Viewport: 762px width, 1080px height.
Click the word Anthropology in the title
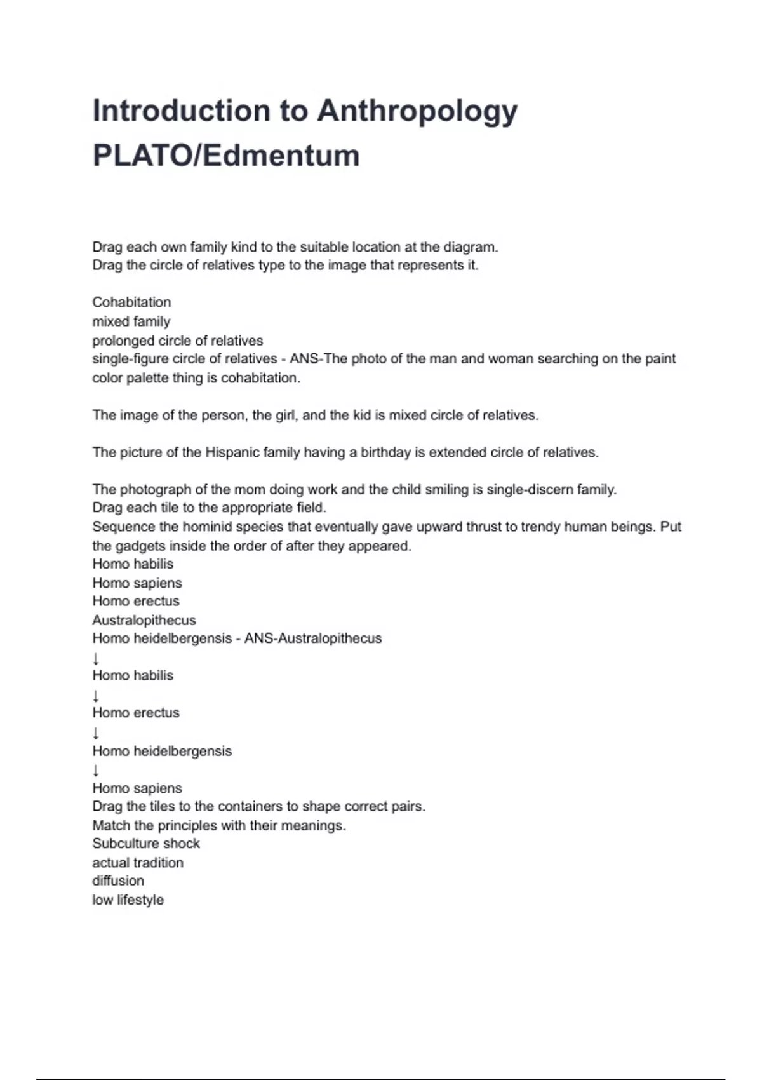coord(417,112)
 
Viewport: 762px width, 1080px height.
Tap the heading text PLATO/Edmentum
coord(226,156)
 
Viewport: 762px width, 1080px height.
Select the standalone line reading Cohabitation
coord(131,302)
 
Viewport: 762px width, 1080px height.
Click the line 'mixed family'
coord(131,321)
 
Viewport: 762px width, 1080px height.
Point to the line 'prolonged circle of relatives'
coord(177,341)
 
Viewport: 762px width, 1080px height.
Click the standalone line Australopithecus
coord(144,620)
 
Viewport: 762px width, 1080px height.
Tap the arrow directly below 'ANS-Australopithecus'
coord(96,658)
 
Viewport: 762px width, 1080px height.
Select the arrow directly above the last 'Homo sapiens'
coord(96,771)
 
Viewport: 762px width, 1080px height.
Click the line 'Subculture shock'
coord(146,844)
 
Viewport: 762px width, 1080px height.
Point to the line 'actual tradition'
coord(138,863)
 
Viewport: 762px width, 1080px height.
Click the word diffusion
coord(118,881)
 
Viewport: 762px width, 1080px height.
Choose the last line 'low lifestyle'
coord(128,900)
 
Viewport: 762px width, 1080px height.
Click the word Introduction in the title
coord(182,112)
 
